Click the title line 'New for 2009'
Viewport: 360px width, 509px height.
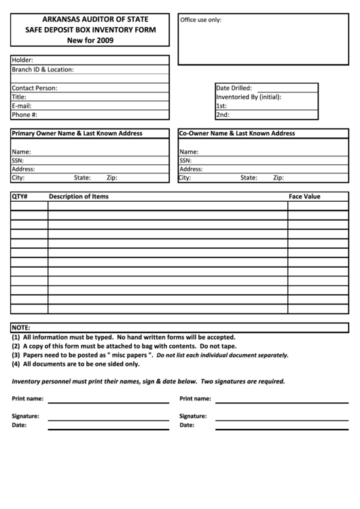pos(90,41)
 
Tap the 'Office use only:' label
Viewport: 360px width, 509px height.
pos(200,20)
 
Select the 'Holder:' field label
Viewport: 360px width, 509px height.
pos(22,60)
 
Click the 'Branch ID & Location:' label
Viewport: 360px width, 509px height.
pos(43,69)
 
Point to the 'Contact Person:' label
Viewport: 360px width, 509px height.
pos(35,88)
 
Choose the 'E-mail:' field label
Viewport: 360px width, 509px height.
pos(22,106)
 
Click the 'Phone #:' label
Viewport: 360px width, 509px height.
pos(24,115)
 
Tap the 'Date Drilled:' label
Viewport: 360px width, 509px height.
pos(234,88)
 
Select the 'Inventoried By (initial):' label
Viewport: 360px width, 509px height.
pos(249,97)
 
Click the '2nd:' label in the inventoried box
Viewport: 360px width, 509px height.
pos(222,115)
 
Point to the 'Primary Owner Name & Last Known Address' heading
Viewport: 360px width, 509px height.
pos(77,133)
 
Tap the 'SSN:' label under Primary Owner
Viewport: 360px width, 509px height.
pos(18,160)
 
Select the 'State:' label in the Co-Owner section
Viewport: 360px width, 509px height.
pos(249,178)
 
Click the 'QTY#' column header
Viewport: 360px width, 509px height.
pos(19,196)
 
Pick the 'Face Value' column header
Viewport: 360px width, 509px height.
pos(304,196)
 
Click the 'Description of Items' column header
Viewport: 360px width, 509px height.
pos(78,196)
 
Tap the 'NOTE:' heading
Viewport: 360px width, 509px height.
pos(21,327)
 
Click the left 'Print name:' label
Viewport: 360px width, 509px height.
pos(28,398)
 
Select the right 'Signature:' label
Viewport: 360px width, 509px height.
pos(193,415)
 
